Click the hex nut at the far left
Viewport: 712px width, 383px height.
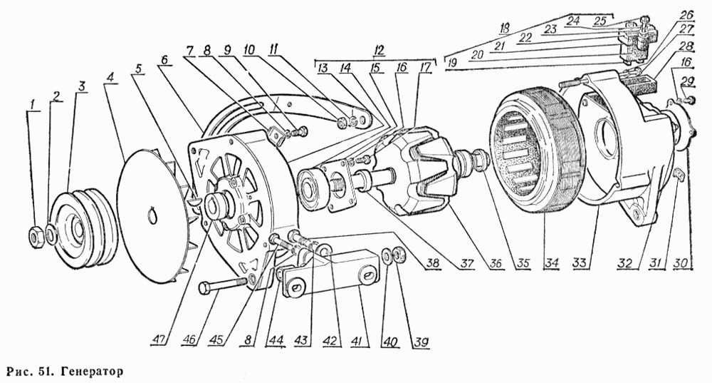[x=36, y=235]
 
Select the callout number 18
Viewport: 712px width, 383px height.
[x=503, y=29]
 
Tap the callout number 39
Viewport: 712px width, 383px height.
[x=421, y=341]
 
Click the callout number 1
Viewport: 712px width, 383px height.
[x=32, y=105]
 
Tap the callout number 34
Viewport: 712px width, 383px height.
[x=553, y=262]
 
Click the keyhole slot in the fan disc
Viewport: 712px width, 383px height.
[x=152, y=215]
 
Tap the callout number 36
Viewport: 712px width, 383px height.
[x=496, y=262]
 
